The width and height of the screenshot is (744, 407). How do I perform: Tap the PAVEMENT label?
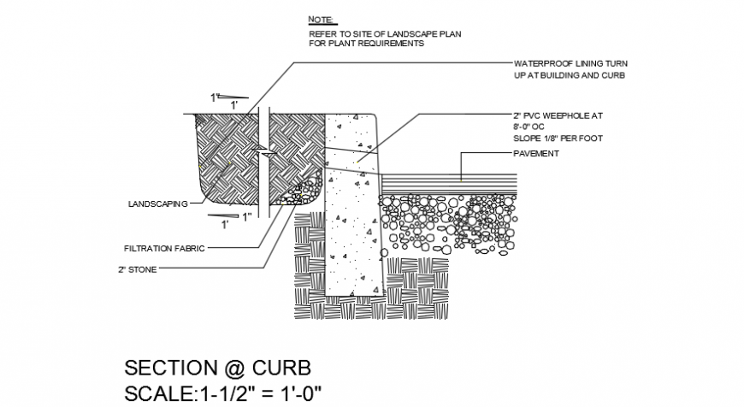(536, 154)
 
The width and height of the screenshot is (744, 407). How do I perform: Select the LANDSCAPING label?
(156, 205)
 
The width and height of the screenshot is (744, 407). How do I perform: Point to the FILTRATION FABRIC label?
(165, 249)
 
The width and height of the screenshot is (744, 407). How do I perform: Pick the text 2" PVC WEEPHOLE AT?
(559, 114)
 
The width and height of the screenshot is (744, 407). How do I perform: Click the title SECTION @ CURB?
(218, 368)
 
